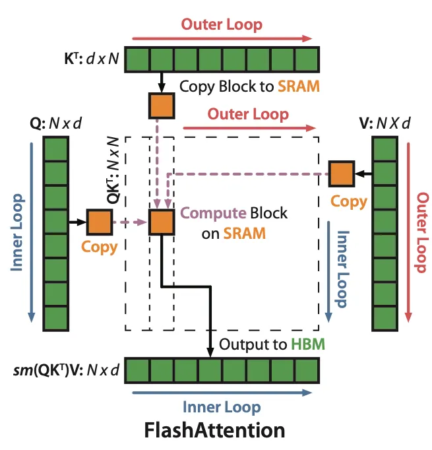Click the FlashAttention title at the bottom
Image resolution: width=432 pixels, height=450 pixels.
point(214,430)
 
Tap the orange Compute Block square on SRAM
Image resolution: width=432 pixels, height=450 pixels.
point(162,222)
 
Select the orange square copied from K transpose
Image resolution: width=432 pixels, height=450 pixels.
point(162,106)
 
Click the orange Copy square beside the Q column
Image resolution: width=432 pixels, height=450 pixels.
point(100,222)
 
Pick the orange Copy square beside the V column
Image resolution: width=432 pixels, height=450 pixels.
point(342,174)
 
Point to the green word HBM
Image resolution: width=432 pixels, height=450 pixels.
point(308,344)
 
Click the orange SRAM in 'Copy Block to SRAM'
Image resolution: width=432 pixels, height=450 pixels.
point(299,86)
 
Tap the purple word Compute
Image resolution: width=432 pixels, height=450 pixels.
point(213,214)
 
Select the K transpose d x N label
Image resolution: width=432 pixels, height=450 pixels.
point(92,59)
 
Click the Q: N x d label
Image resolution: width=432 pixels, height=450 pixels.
point(55,123)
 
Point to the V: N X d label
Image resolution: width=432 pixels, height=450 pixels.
point(385,123)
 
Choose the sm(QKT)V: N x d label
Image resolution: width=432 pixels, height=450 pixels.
point(66,370)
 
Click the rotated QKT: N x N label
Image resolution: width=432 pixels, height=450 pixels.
point(113,170)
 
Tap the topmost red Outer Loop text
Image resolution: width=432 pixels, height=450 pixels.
point(222,24)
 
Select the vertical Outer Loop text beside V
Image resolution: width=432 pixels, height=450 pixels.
point(422,232)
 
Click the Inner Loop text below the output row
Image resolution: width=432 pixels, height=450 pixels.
point(222,407)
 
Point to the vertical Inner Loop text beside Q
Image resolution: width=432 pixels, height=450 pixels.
point(17,232)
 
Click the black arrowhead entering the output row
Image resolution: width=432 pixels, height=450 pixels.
point(210,353)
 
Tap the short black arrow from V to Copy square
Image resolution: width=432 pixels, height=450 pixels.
point(363,174)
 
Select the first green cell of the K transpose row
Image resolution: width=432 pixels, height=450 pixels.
point(137,59)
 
